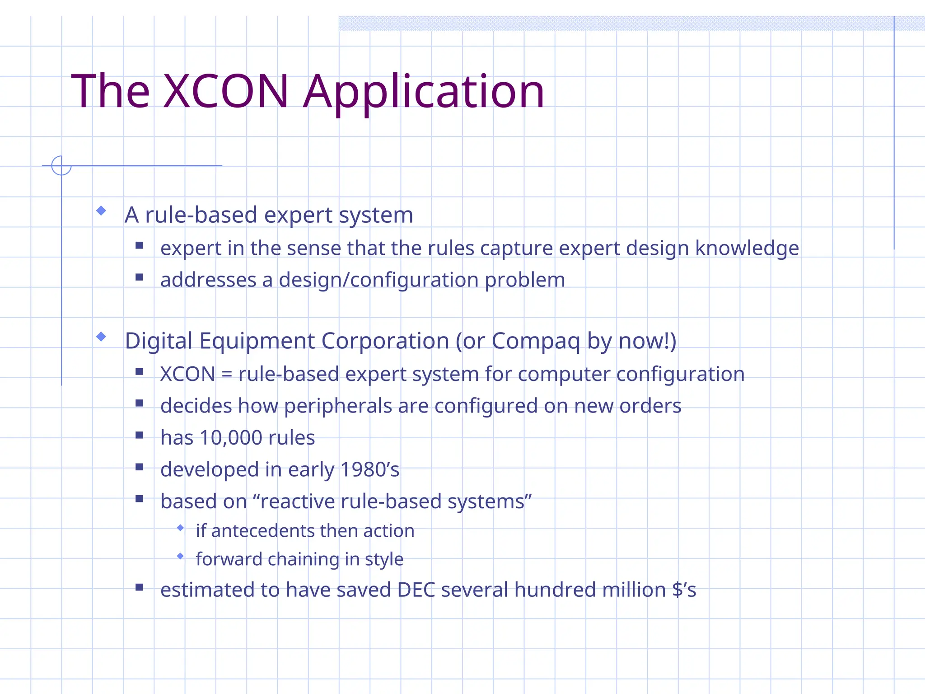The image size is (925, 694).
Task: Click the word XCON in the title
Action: tap(225, 92)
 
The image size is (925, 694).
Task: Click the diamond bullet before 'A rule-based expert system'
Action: tap(101, 211)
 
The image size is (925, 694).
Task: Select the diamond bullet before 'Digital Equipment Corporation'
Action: tap(101, 337)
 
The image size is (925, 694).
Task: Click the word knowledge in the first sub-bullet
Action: tap(747, 248)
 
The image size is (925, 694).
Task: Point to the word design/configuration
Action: tap(378, 280)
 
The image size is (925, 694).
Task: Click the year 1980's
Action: tap(369, 469)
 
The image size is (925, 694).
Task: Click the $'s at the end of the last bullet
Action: tap(684, 590)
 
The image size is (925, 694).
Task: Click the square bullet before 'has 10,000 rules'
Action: tap(139, 436)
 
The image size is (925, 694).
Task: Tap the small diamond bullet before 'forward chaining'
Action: tap(181, 556)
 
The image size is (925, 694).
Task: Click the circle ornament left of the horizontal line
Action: tap(61, 165)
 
